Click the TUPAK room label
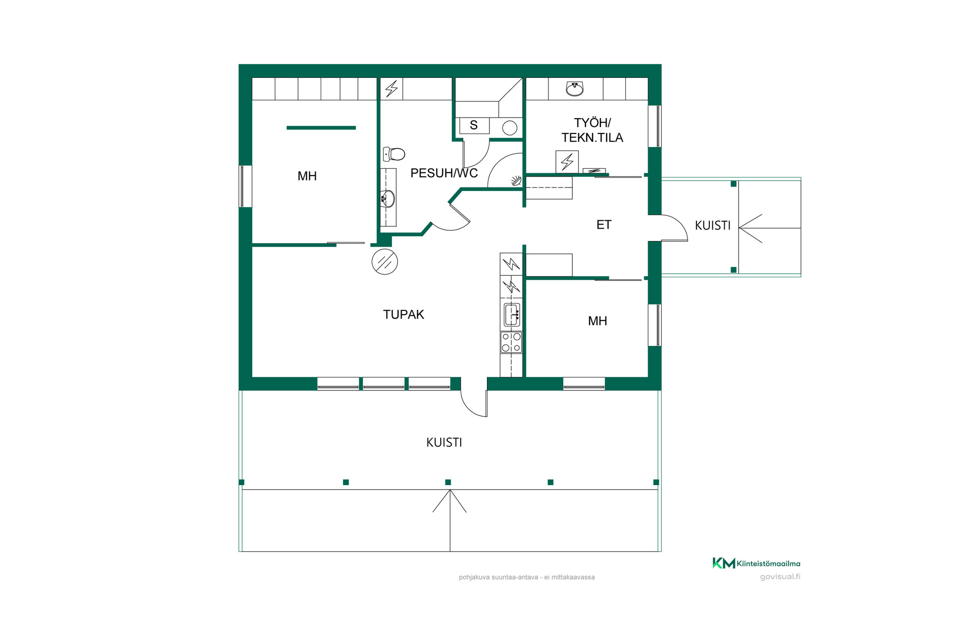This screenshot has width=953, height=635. point(404,315)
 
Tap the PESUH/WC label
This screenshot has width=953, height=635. point(444,173)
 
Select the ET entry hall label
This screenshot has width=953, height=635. point(604,225)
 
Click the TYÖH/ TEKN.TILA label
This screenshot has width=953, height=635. point(592,130)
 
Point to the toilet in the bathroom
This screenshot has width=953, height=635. point(394,154)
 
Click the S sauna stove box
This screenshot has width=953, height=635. point(474,126)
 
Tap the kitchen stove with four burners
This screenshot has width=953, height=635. point(511,342)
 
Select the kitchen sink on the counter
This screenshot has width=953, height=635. point(512,315)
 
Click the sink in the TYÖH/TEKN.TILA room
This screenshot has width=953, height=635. point(575,89)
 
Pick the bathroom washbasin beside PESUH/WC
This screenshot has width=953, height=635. point(388,198)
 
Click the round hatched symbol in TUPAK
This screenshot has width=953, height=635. point(385,261)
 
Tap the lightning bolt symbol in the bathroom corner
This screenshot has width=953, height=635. point(392,89)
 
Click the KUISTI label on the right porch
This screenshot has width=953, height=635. point(712,226)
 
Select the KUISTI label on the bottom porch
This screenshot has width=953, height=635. point(444,443)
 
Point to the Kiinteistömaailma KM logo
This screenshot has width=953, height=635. point(756,563)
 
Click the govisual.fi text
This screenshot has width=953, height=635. point(780,576)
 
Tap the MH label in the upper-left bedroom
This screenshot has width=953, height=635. point(307,176)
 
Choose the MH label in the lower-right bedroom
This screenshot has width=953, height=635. point(597,321)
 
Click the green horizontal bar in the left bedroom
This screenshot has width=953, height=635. point(321,128)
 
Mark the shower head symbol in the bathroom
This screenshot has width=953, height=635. point(516,181)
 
